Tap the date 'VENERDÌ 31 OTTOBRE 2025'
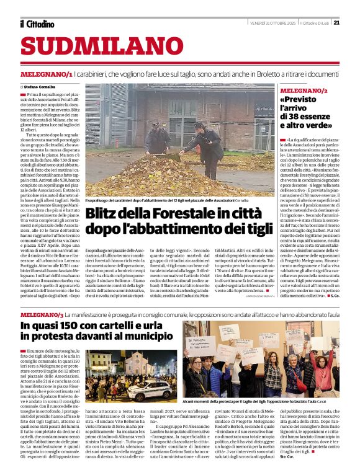pyautogui.click(x=271, y=23)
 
